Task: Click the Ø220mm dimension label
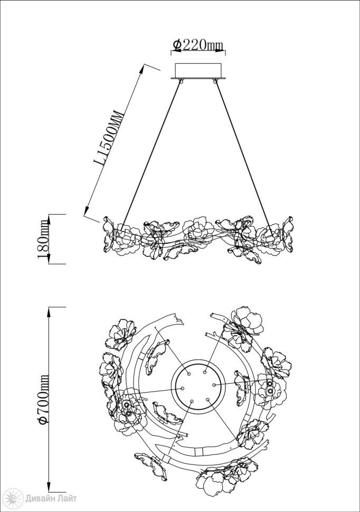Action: (198, 45)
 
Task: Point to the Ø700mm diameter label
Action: (43, 400)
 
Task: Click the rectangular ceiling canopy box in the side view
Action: (198, 70)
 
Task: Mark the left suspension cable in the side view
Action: (150, 155)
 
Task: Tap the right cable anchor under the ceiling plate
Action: (215, 80)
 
